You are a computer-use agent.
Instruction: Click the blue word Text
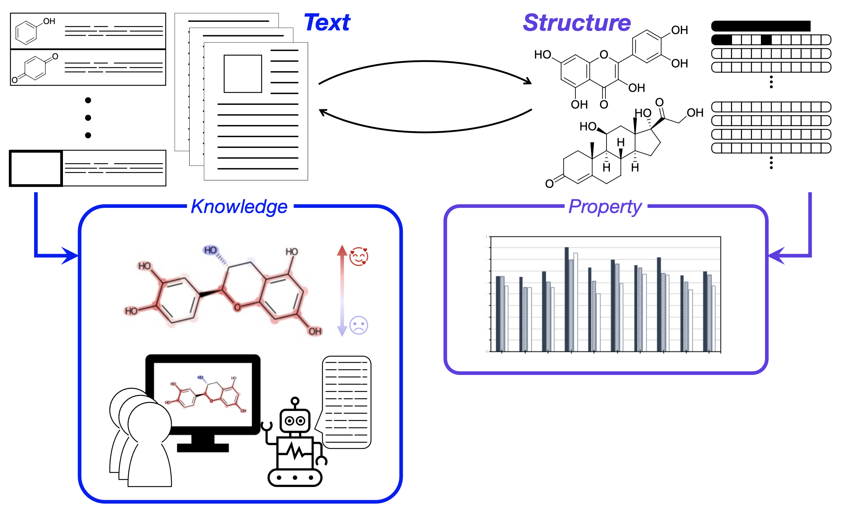[327, 23]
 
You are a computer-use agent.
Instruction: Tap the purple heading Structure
[577, 23]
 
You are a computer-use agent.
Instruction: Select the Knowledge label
[239, 207]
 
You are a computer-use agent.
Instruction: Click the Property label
[605, 207]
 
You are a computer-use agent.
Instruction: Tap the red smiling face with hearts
[358, 256]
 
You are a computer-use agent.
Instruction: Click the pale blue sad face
[358, 325]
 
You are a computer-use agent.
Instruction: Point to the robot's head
[295, 420]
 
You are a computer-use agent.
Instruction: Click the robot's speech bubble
[347, 402]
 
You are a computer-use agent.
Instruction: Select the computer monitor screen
[203, 394]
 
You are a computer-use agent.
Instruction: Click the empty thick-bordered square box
[36, 168]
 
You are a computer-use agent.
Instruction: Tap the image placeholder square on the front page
[243, 74]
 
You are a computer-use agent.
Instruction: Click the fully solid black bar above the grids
[761, 26]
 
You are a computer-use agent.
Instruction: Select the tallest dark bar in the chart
[567, 299]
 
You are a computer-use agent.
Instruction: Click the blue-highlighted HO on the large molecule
[210, 250]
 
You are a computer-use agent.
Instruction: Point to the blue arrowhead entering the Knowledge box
[70, 256]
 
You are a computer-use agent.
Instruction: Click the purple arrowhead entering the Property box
[776, 256]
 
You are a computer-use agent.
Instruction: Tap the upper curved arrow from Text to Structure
[426, 62]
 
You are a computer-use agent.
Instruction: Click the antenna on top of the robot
[295, 401]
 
